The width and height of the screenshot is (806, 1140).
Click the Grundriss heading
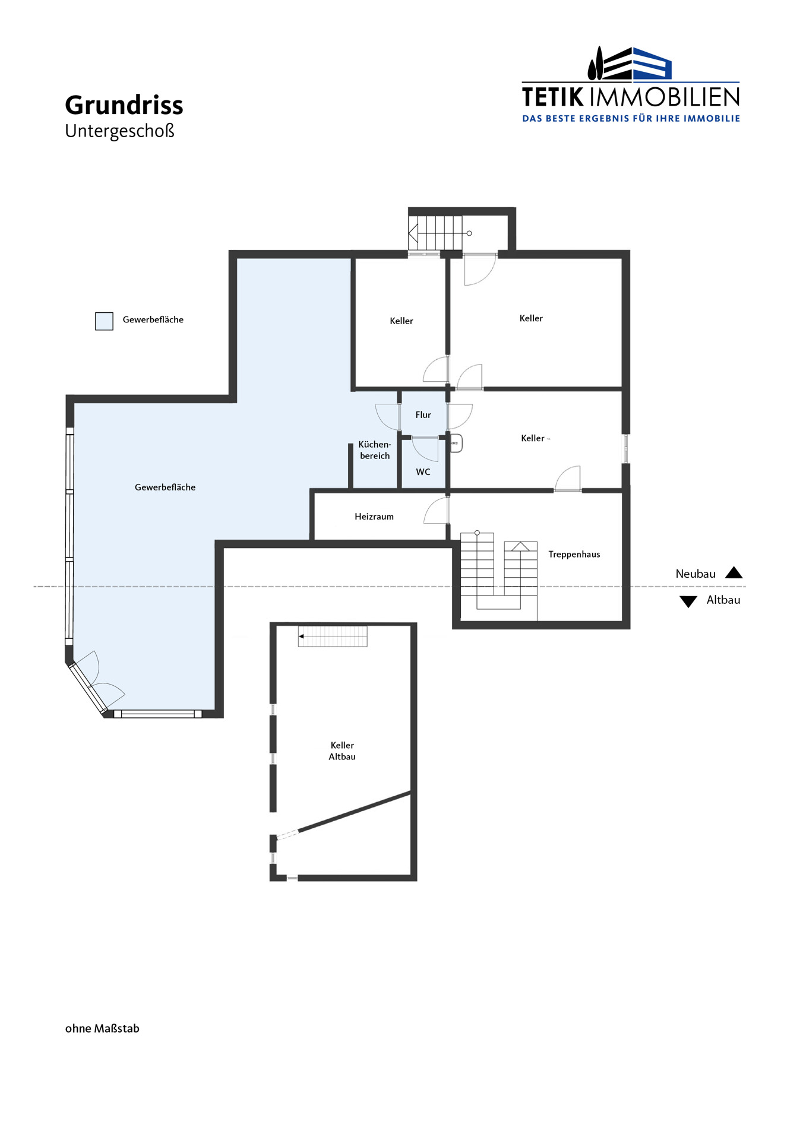[124, 106]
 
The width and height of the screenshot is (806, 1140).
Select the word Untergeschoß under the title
[120, 131]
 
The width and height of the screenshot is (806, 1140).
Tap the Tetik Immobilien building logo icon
[630, 64]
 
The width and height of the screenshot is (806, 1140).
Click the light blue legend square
[104, 321]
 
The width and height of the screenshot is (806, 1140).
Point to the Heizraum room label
[374, 517]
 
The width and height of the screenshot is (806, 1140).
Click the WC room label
[423, 472]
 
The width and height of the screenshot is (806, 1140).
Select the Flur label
[423, 415]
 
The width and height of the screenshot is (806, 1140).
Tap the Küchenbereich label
[375, 450]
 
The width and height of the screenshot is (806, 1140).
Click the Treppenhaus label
[574, 555]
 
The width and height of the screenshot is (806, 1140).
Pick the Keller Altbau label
[342, 750]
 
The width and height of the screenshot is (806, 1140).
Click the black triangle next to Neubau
[734, 573]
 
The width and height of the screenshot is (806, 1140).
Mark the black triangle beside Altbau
[688, 601]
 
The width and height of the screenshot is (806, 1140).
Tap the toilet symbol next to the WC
[456, 443]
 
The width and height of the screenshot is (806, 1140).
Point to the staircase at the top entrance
[435, 233]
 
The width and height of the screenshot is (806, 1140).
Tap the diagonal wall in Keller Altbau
[355, 812]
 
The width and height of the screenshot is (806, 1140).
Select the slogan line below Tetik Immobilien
[631, 119]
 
